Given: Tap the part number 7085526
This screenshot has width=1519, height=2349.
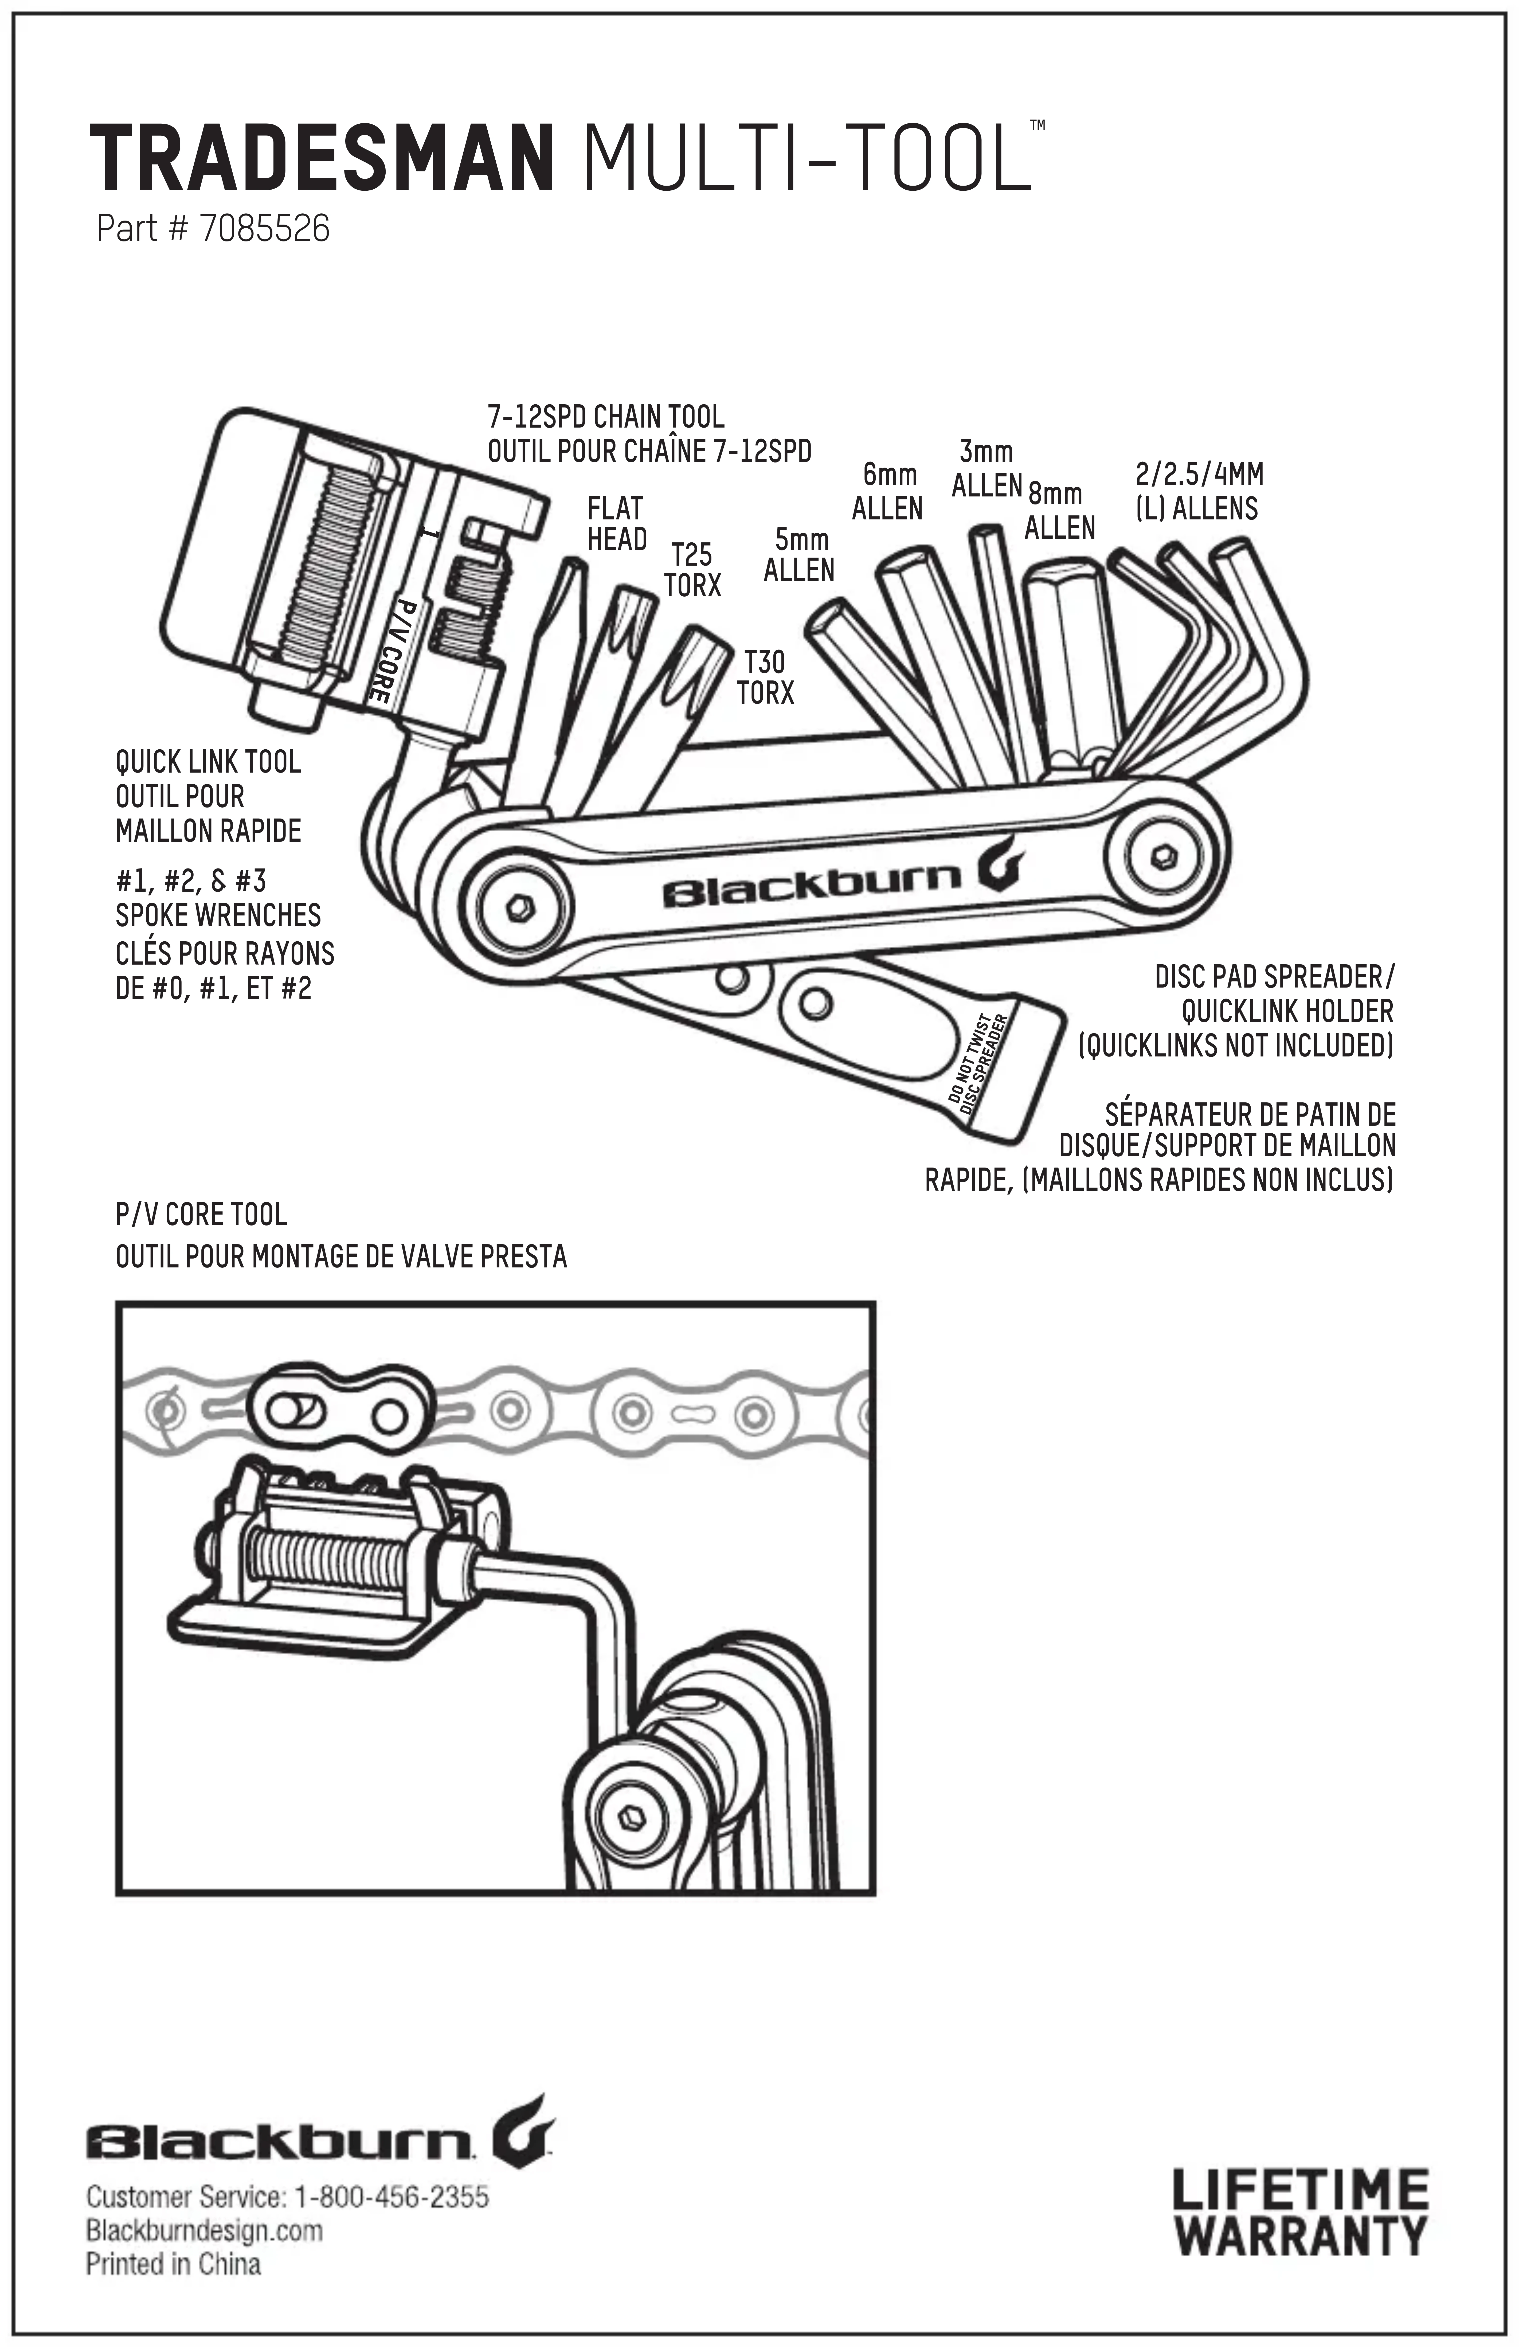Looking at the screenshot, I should coord(264,229).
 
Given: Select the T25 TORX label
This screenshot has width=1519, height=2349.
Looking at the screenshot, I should coord(692,569).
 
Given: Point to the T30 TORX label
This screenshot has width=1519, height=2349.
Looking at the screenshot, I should coord(764,676).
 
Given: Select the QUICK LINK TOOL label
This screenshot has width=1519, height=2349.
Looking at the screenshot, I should coord(208,762).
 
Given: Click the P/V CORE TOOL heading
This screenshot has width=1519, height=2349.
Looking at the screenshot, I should coord(201,1214).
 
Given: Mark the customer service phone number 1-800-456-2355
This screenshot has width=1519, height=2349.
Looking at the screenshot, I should coord(392,2197).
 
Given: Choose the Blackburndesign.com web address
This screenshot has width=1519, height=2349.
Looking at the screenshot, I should coord(204,2230).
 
